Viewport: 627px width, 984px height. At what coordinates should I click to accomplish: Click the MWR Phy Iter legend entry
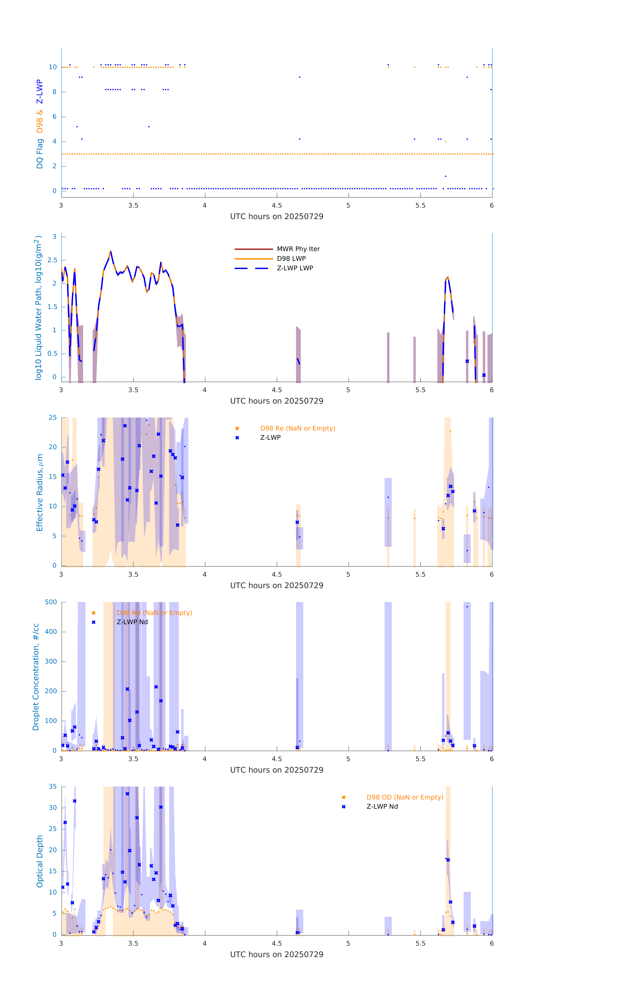[x=298, y=249]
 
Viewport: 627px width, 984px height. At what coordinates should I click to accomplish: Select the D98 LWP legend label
[x=291, y=258]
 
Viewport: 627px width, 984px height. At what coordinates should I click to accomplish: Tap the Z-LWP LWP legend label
[x=295, y=268]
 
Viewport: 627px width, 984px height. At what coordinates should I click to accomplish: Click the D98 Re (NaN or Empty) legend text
[x=297, y=428]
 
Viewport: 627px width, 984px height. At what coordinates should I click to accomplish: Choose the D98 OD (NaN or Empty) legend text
[x=404, y=797]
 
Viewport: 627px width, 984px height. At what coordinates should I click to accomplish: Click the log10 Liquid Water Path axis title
[x=38, y=308]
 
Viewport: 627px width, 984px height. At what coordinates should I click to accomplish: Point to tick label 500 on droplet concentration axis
[x=51, y=602]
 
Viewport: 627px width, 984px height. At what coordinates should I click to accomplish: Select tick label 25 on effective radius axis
[x=53, y=418]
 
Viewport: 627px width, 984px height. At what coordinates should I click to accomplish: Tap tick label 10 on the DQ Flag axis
[x=53, y=67]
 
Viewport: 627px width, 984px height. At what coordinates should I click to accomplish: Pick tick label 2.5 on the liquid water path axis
[x=52, y=260]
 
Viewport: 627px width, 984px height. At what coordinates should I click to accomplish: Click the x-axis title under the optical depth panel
[x=277, y=954]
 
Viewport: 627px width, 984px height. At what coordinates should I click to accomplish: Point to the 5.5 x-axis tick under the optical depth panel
[x=420, y=943]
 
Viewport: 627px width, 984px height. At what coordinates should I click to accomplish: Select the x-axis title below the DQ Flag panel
[x=277, y=217]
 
